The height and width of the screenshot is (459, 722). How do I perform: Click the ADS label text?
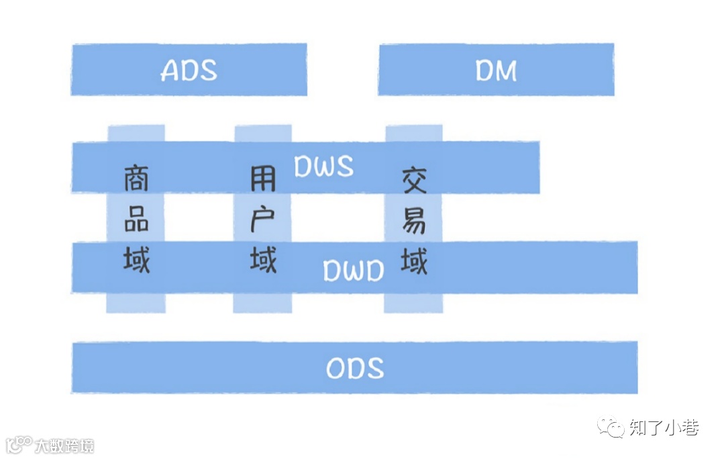click(x=189, y=70)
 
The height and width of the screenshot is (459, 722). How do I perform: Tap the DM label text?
click(x=496, y=70)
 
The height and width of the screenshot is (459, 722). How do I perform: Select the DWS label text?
click(x=323, y=166)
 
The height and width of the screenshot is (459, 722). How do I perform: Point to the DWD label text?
click(x=354, y=270)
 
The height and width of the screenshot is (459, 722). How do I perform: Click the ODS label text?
click(x=355, y=368)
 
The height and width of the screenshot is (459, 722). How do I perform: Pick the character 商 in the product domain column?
click(x=136, y=179)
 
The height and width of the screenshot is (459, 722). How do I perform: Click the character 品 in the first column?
click(x=136, y=219)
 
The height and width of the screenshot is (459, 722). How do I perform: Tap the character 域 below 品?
click(x=136, y=258)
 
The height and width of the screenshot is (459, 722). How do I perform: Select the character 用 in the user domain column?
click(x=263, y=179)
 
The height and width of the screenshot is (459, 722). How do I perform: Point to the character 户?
click(x=263, y=219)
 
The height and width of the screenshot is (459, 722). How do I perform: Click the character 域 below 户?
click(x=263, y=258)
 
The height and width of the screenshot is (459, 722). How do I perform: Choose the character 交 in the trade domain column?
click(x=414, y=179)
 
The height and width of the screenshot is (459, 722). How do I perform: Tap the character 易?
click(x=414, y=220)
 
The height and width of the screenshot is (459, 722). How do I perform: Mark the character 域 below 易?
click(x=414, y=260)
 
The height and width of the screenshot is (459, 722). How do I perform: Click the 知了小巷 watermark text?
click(x=664, y=427)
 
